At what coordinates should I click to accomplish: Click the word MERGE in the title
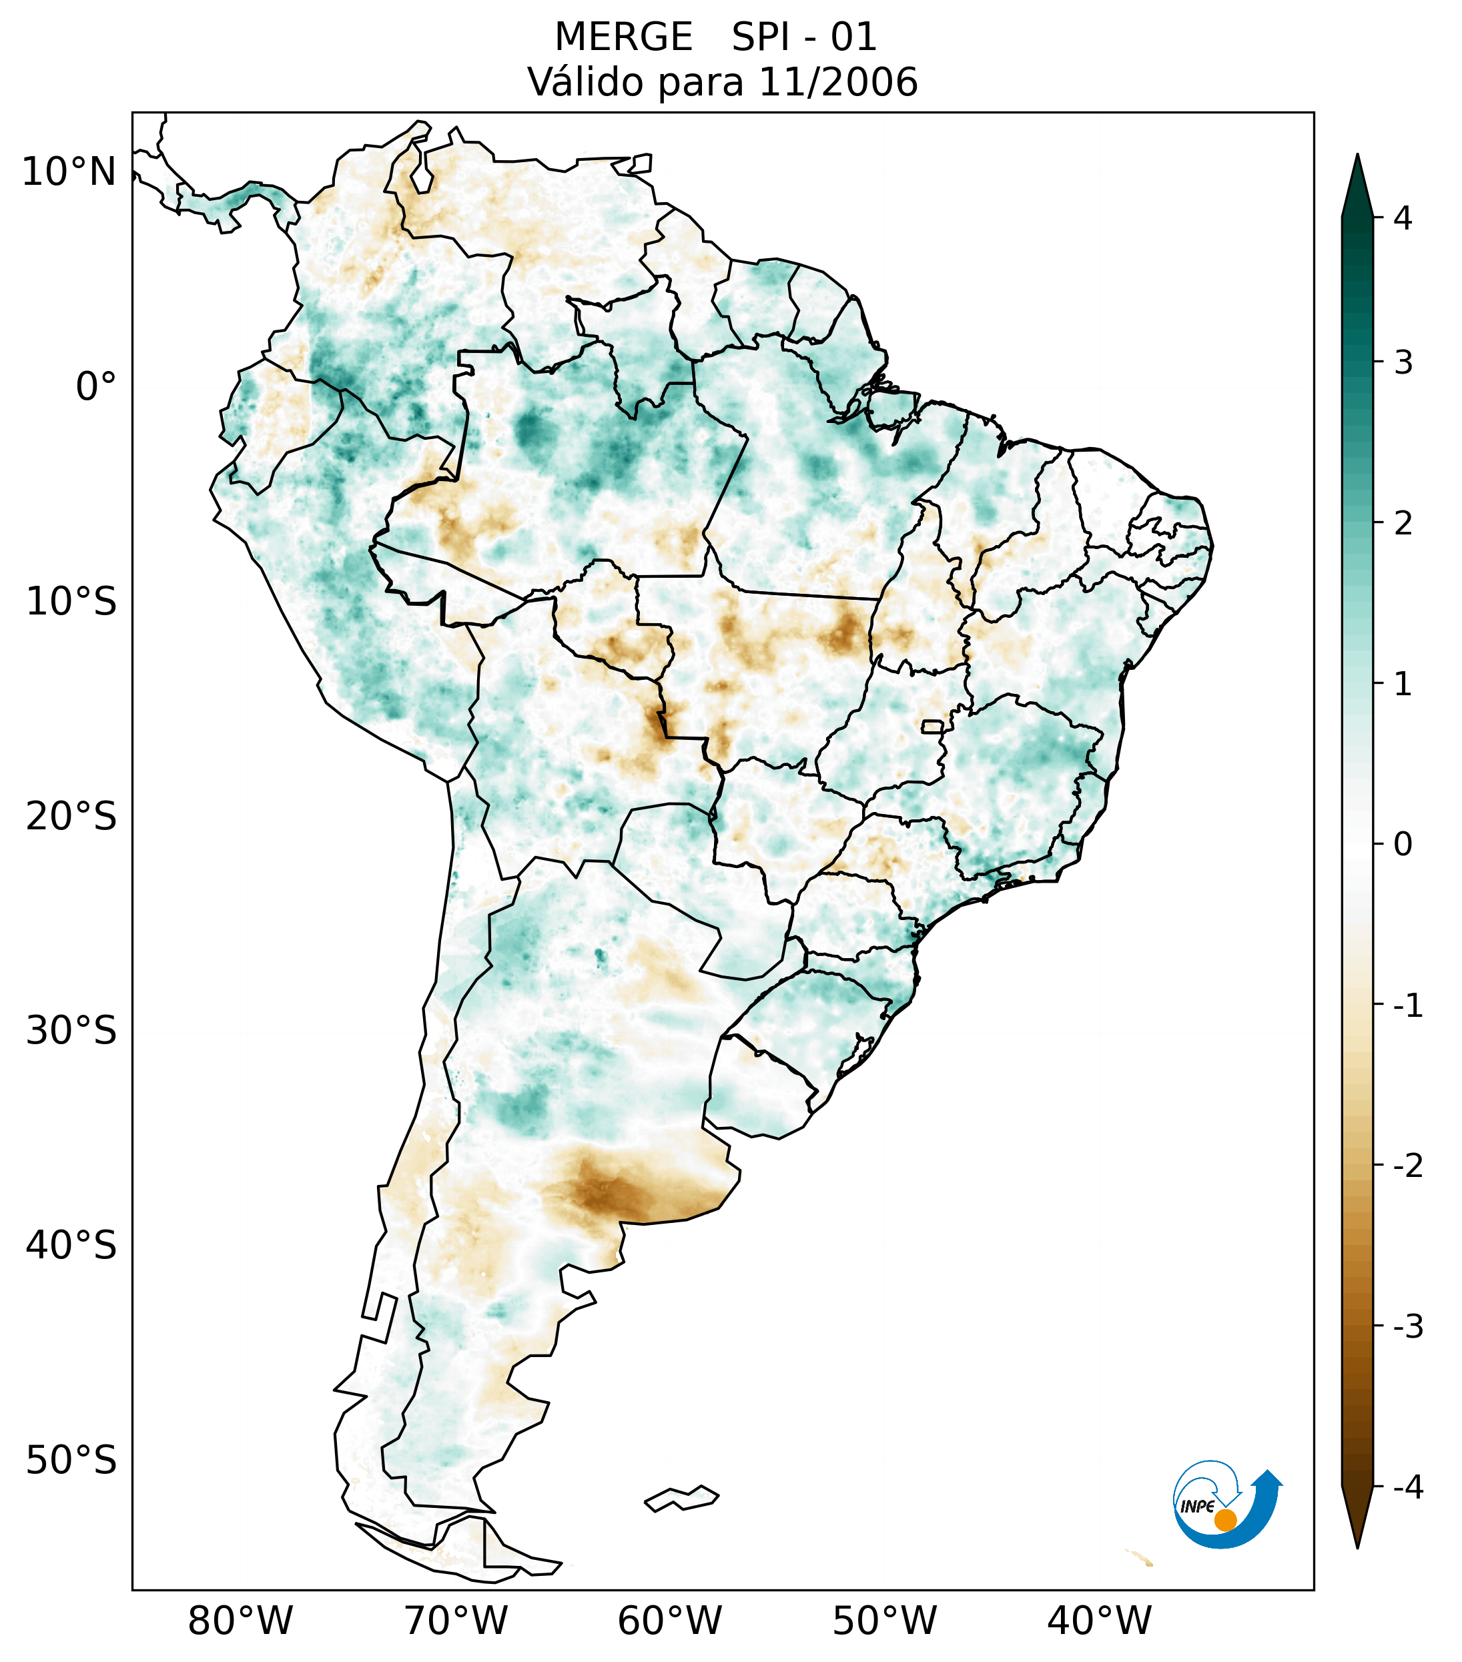[x=624, y=37]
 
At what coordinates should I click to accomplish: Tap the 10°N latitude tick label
[x=69, y=171]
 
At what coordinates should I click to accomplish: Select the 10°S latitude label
[x=71, y=602]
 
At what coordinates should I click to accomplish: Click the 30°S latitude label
[x=71, y=1031]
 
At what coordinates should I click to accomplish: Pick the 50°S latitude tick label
[x=71, y=1461]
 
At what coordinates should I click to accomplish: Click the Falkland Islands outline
[x=681, y=1499]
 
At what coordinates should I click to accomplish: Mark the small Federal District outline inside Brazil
[x=932, y=726]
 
